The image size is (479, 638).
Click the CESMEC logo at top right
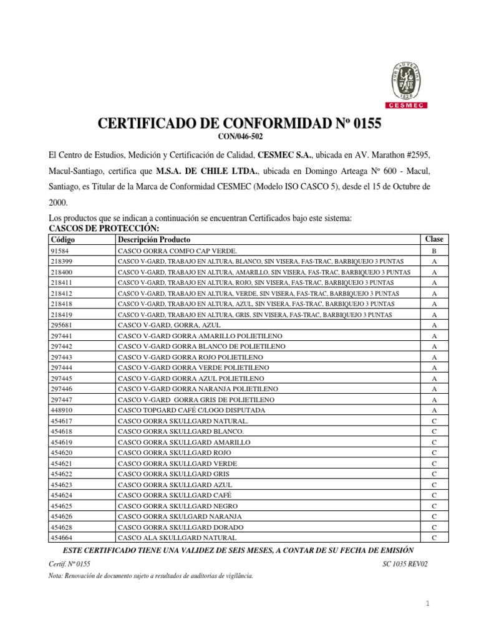[x=409, y=85]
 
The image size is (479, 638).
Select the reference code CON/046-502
[x=239, y=137]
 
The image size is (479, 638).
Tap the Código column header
[x=62, y=240]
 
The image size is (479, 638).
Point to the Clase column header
[x=434, y=239]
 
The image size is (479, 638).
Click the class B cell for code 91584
[x=434, y=250]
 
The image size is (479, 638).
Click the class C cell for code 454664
[x=434, y=538]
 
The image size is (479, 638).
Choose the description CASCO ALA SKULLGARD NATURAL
[x=177, y=538]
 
